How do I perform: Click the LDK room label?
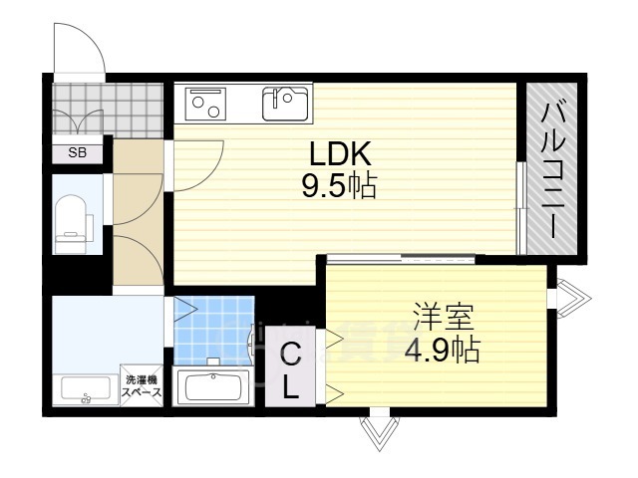(340, 154)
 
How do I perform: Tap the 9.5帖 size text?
(340, 186)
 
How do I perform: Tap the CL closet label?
(290, 369)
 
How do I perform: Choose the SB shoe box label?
(77, 153)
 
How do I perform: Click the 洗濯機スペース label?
(143, 385)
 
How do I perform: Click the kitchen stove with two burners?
(204, 102)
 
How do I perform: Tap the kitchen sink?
(285, 102)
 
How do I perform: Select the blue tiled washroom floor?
(214, 329)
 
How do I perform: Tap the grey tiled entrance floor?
(103, 110)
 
